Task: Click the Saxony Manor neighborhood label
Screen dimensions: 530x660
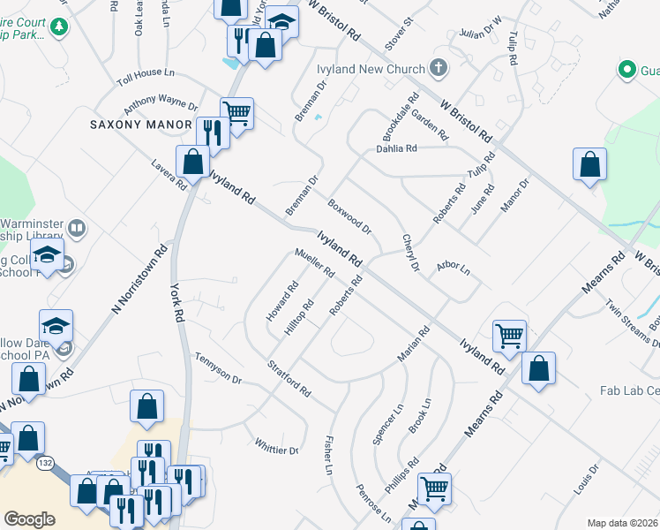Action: pos(141,125)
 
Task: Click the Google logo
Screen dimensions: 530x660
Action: pos(29,519)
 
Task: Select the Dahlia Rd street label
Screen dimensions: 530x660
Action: pos(395,148)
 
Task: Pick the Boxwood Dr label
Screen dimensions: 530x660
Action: pos(349,216)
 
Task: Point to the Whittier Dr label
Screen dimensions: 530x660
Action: pos(277,446)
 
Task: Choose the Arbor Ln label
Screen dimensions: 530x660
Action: pos(454,267)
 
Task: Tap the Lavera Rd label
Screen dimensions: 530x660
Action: pos(168,174)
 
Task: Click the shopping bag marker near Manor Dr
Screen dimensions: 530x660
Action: pos(589,165)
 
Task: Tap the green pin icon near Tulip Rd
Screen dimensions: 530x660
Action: pos(627,69)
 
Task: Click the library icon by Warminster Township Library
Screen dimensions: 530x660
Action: pos(77,230)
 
